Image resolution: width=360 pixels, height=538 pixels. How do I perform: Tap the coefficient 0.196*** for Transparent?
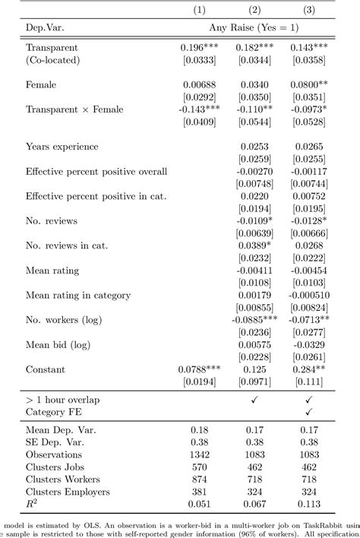pyautogui.click(x=199, y=46)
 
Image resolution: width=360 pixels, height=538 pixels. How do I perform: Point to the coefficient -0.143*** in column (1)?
pyautogui.click(x=199, y=108)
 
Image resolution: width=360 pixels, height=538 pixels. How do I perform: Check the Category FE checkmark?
pyautogui.click(x=308, y=412)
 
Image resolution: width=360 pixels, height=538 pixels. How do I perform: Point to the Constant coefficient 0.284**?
pyautogui.click(x=310, y=369)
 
